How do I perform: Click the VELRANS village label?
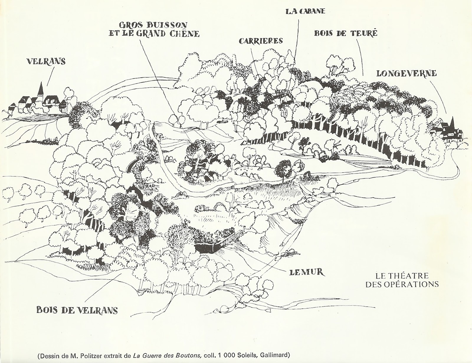[46, 61]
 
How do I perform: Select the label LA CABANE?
[305, 11]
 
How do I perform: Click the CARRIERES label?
[261, 41]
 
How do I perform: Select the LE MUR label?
[307, 272]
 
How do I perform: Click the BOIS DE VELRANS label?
[77, 310]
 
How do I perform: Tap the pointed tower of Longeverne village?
[452, 121]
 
